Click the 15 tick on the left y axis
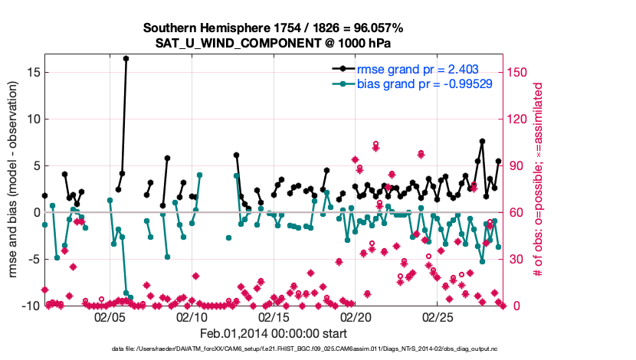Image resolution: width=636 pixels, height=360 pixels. tap(33, 72)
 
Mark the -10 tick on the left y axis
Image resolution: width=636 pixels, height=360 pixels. tap(31, 306)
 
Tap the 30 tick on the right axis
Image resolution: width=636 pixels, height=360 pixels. tap(513, 259)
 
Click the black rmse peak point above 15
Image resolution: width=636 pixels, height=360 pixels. tap(126, 58)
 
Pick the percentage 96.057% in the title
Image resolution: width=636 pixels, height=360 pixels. tap(376, 28)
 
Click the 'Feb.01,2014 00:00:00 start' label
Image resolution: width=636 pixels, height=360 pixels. tap(273, 334)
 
